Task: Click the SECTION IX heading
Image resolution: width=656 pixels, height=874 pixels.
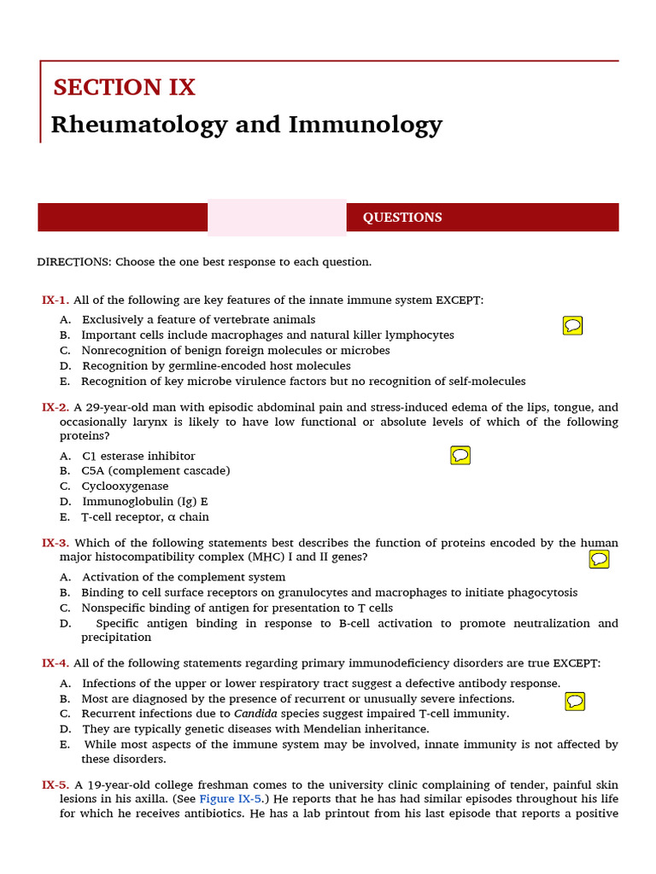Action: tap(124, 87)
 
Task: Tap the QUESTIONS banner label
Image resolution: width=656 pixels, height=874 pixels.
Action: tap(402, 218)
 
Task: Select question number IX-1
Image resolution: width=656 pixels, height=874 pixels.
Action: tap(56, 300)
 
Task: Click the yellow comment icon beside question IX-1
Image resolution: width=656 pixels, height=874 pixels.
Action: tap(573, 325)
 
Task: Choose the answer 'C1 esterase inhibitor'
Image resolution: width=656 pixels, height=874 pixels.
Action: tap(138, 456)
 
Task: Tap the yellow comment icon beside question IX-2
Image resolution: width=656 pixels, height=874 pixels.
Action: tap(460, 455)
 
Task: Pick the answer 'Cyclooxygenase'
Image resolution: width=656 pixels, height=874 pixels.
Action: tap(125, 487)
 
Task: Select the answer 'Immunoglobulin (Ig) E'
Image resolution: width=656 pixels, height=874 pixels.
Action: tap(144, 502)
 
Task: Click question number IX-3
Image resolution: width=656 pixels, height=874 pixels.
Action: tap(56, 543)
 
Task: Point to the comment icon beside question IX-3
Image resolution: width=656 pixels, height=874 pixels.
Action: tap(600, 559)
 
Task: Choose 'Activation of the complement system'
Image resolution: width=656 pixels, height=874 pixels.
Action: tap(184, 578)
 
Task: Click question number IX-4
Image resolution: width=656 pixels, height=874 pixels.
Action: tap(56, 663)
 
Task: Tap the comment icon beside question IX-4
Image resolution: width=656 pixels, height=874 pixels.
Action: tap(576, 701)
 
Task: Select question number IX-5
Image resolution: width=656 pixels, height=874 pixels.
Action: tap(56, 784)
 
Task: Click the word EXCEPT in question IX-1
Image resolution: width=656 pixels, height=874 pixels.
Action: tap(460, 300)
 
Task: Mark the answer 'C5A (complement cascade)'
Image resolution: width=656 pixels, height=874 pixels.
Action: tap(155, 471)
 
